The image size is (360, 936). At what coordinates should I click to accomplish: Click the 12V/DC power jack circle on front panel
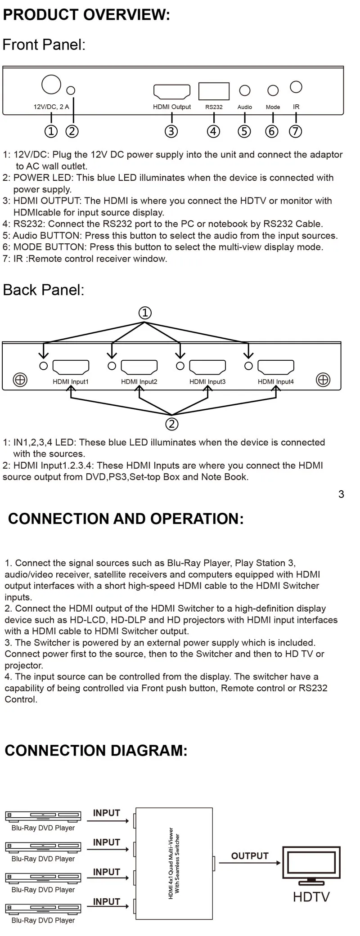(51, 84)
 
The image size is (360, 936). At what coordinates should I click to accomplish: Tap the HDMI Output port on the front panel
(172, 92)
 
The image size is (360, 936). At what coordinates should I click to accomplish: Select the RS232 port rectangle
(214, 91)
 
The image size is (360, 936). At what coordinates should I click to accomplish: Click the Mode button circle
(273, 90)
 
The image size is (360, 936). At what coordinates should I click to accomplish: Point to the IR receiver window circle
(296, 87)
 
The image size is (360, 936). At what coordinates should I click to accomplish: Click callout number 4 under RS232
(213, 131)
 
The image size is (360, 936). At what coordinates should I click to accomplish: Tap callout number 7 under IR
(296, 131)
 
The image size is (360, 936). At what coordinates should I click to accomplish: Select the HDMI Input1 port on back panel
(71, 367)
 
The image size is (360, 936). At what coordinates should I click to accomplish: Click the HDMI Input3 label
(207, 382)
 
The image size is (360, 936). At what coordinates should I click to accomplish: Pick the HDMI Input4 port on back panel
(276, 367)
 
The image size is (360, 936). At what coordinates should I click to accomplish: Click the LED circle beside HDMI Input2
(112, 366)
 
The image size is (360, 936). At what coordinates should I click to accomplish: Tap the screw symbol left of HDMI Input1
(20, 380)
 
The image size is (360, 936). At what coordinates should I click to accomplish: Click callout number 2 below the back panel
(172, 424)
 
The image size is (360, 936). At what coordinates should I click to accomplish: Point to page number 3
(341, 494)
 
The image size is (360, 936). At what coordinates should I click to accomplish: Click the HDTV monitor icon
(311, 865)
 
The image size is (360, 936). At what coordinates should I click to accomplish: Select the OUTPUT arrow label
(250, 856)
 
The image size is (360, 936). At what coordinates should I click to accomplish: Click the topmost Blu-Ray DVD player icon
(43, 815)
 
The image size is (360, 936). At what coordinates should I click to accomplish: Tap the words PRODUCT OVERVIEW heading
(87, 15)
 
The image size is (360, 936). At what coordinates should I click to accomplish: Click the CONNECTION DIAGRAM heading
(96, 751)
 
